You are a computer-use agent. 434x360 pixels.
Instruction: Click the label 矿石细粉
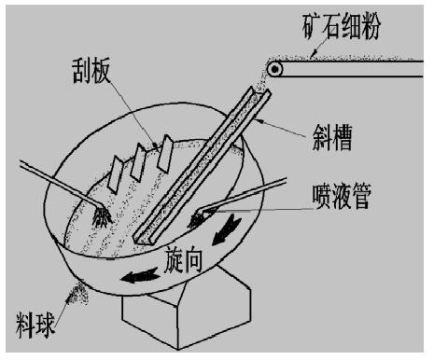click(342, 27)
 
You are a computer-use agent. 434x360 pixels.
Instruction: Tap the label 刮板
click(91, 71)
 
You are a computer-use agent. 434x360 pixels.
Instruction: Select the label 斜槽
click(332, 138)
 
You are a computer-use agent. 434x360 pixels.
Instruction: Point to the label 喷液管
click(342, 197)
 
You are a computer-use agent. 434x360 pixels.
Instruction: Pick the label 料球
click(35, 325)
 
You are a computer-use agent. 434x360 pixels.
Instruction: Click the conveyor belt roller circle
click(274, 69)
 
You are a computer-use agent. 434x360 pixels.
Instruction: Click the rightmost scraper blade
click(165, 153)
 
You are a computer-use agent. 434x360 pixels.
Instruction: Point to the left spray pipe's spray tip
click(103, 216)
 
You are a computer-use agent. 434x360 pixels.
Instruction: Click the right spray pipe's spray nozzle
click(197, 218)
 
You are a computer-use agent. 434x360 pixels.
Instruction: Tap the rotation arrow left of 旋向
click(140, 275)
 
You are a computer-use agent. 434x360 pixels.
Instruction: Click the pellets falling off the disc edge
click(77, 293)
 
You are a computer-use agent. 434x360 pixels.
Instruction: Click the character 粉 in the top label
click(371, 27)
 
